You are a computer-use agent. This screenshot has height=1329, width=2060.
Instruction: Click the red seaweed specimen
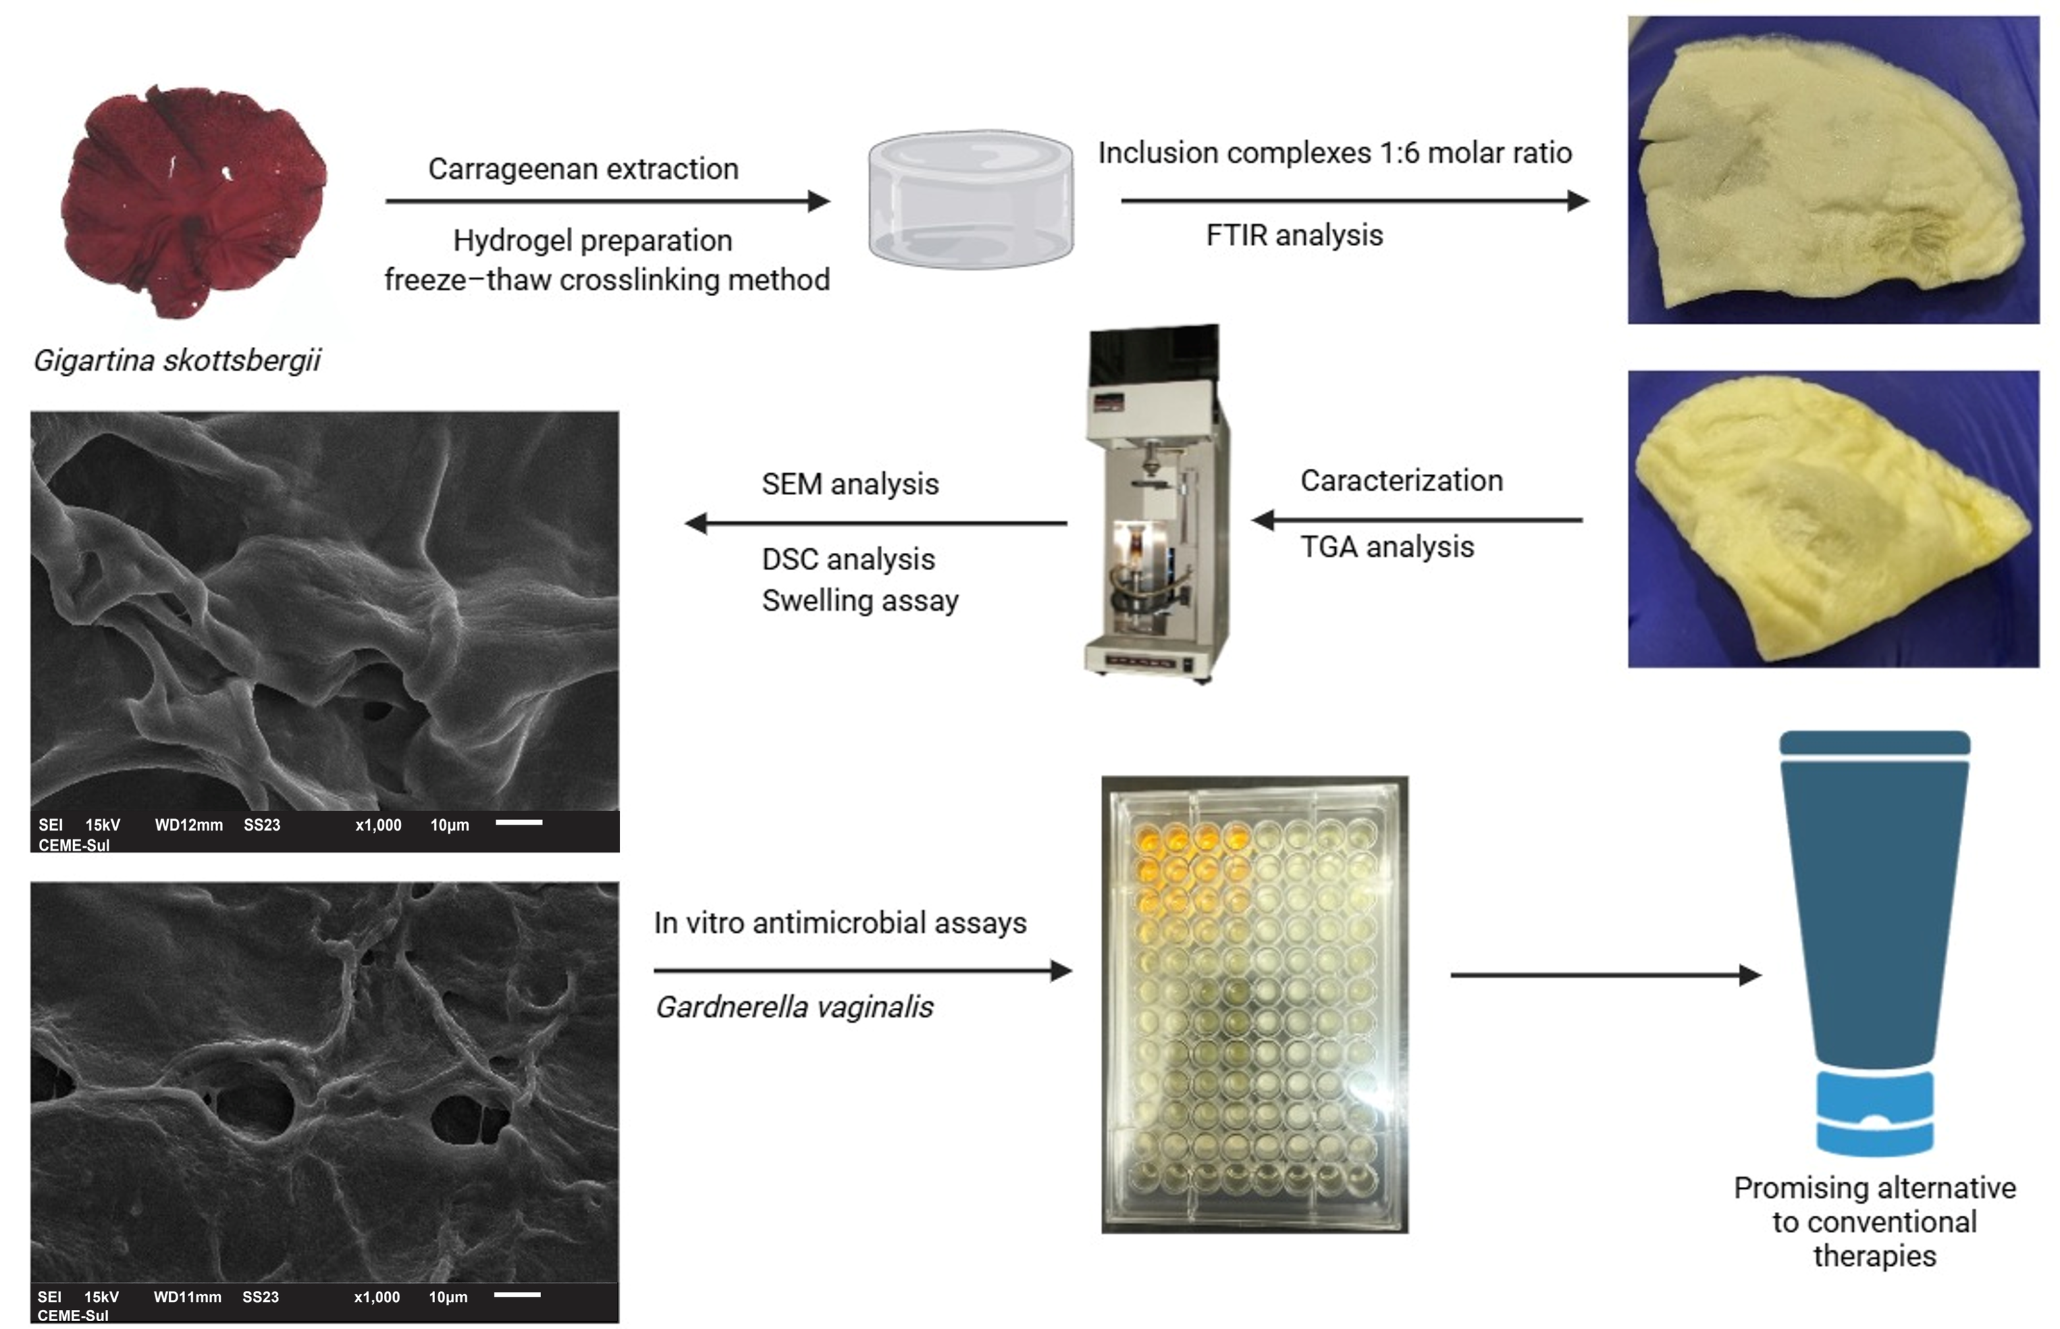tap(194, 201)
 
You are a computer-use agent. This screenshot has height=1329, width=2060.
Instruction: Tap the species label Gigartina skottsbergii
tap(177, 360)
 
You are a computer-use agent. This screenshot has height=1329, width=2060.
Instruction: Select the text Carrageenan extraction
tap(583, 169)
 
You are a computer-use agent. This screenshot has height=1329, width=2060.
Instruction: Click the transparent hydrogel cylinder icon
tap(971, 199)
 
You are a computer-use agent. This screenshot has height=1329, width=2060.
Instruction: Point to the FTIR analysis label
tap(1294, 235)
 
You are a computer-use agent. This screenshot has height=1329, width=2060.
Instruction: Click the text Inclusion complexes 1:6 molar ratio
tap(1335, 153)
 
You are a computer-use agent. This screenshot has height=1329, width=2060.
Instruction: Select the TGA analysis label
tap(1387, 546)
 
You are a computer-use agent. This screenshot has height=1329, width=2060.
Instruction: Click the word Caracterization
tap(1402, 480)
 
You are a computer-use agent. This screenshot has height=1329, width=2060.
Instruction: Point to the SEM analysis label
tap(850, 484)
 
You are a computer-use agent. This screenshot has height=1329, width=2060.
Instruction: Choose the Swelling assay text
tap(860, 600)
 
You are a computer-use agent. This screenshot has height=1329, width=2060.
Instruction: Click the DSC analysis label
tap(849, 560)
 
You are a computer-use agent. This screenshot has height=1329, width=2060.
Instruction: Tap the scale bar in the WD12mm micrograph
tap(519, 822)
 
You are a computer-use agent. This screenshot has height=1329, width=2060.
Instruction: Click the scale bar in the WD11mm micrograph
tap(517, 1295)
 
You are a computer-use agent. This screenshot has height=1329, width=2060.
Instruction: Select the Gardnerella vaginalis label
tap(794, 1006)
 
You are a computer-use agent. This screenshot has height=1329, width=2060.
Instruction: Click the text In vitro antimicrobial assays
tap(839, 923)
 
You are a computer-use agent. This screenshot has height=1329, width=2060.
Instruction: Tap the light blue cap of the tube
tap(1875, 1112)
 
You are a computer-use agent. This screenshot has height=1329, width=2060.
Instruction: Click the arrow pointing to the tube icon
tap(1605, 975)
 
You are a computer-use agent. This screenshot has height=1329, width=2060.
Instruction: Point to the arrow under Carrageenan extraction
tap(608, 201)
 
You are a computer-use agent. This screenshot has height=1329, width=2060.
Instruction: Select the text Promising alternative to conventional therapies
tap(1874, 1222)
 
